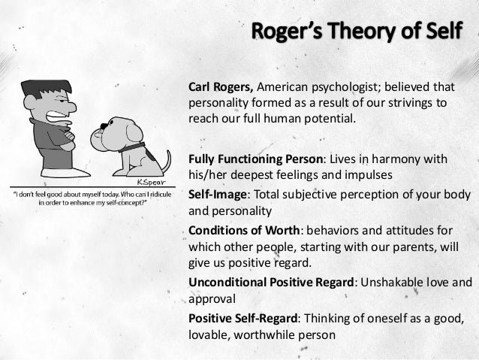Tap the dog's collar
[131, 147]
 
